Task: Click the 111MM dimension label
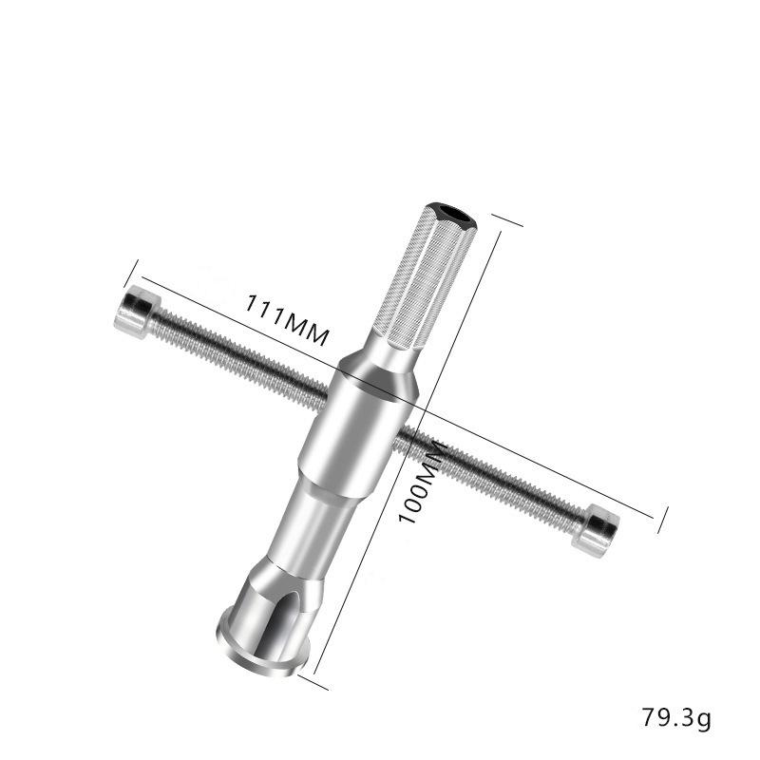coord(287,320)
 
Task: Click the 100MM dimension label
coord(423,483)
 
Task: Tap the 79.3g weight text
coord(676,717)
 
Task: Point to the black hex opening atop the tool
coord(456,213)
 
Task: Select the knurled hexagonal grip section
coord(423,277)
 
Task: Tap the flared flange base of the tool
coord(262,645)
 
